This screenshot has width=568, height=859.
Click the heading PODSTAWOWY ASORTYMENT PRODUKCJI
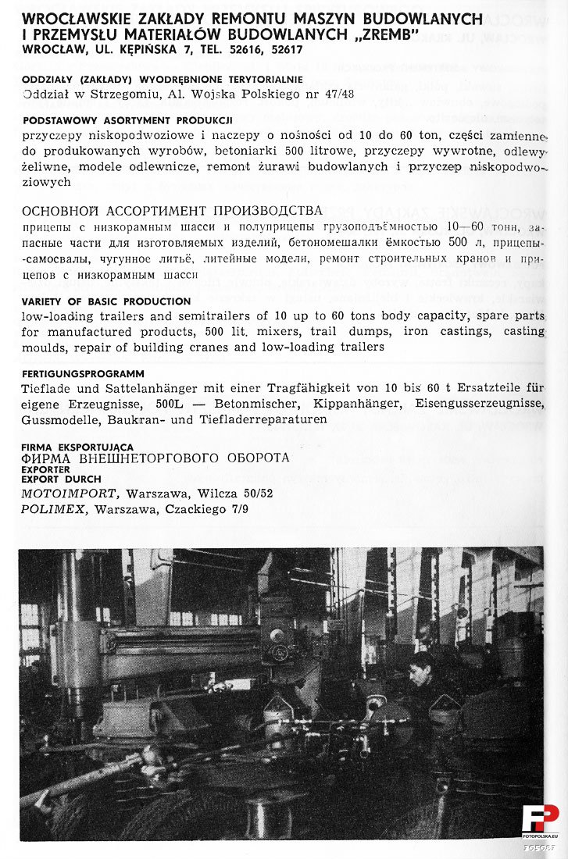pos(128,120)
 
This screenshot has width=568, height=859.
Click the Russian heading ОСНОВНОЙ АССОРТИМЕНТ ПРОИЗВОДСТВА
pos(172,211)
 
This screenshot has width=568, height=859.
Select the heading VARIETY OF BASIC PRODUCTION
pos(106,301)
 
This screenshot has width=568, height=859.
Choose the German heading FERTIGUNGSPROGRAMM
pos(83,374)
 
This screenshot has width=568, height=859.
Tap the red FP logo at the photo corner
pos(540,819)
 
